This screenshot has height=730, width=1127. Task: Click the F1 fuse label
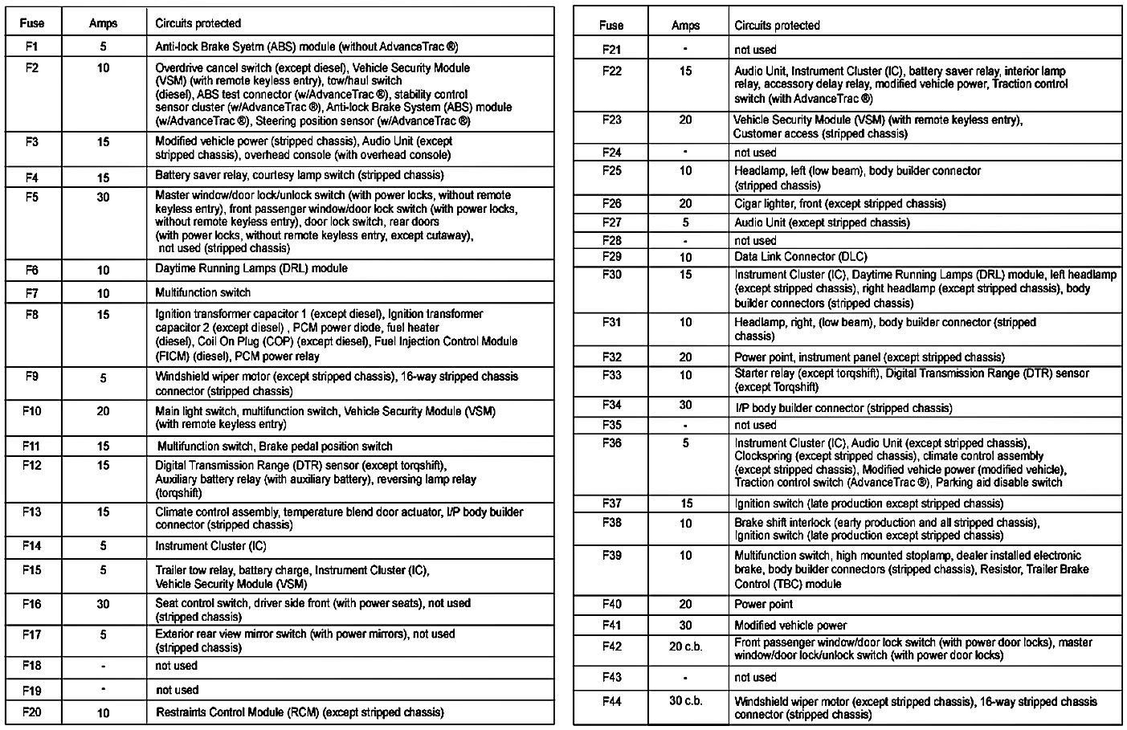click(31, 47)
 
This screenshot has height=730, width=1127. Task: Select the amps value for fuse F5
click(103, 197)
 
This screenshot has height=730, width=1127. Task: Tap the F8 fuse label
click(31, 315)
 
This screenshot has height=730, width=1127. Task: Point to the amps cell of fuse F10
click(103, 411)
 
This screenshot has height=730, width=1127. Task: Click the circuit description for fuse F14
click(210, 546)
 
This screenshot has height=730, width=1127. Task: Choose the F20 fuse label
click(31, 712)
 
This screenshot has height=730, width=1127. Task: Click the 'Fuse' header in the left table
click(31, 23)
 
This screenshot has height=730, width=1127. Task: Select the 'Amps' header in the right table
click(685, 26)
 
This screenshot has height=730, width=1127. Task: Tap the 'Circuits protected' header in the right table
click(777, 26)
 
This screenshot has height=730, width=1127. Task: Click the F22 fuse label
click(611, 71)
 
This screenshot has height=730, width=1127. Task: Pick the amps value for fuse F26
click(685, 204)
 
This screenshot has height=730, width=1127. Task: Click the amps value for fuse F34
click(685, 406)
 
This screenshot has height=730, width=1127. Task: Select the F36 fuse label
click(611, 442)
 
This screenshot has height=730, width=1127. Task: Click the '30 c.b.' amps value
click(685, 700)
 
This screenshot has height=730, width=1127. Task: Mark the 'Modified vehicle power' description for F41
click(790, 625)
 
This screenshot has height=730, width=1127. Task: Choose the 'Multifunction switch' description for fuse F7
click(202, 293)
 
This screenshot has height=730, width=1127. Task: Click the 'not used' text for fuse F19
click(177, 690)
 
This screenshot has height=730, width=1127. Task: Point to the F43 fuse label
click(611, 677)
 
